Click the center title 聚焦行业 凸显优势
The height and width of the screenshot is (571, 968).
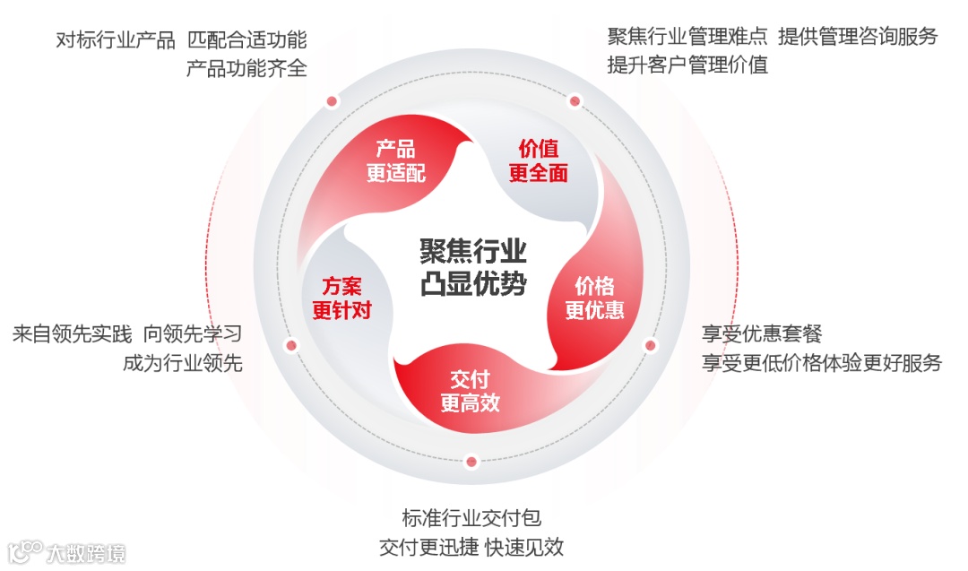pyautogui.click(x=473, y=266)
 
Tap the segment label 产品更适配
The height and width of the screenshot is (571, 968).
pyautogui.click(x=395, y=161)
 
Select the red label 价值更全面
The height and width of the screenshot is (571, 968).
pyautogui.click(x=538, y=161)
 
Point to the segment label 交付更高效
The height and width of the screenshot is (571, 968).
pyautogui.click(x=470, y=391)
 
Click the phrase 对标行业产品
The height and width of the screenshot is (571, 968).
pyautogui.click(x=115, y=40)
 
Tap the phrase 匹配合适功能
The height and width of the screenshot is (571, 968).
pyautogui.click(x=246, y=40)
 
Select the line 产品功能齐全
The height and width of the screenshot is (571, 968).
pyautogui.click(x=246, y=68)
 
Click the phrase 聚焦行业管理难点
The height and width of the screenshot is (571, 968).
pyautogui.click(x=687, y=37)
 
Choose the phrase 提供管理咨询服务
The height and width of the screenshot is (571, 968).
pyautogui.click(x=858, y=37)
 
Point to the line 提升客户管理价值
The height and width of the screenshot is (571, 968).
pyautogui.click(x=687, y=65)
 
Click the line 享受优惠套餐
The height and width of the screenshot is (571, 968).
pyautogui.click(x=762, y=334)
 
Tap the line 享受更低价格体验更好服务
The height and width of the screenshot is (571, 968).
pyautogui.click(x=822, y=363)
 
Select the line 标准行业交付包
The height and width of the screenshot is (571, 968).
pyautogui.click(x=471, y=518)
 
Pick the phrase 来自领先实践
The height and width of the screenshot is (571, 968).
pyautogui.click(x=72, y=334)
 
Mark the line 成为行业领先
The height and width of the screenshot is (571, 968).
pyautogui.click(x=183, y=363)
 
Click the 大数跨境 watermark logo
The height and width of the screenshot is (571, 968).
pyautogui.click(x=67, y=551)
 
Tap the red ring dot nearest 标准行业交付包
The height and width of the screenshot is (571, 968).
pyautogui.click(x=471, y=463)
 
